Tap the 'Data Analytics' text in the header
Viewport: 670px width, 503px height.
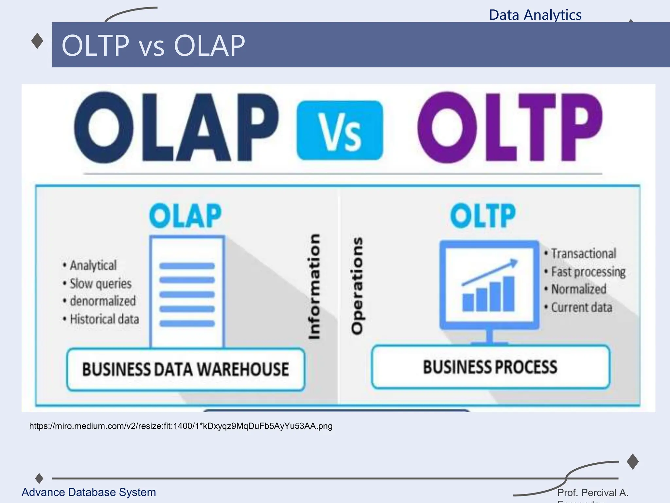[535, 15]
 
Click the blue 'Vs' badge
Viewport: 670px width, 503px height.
[340, 131]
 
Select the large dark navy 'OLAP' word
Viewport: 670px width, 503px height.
[176, 128]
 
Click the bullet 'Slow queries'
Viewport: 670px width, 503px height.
[100, 284]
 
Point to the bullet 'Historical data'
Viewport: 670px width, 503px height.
[104, 319]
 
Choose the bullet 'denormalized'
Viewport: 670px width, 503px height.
[102, 301]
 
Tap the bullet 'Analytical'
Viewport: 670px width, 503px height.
[93, 265]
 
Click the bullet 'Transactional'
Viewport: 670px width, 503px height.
[583, 253]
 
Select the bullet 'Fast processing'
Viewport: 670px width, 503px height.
[588, 272]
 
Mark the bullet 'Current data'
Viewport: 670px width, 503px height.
[581, 307]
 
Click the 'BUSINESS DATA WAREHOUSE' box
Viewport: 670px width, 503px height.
[185, 369]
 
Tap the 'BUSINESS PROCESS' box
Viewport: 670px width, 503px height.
[490, 367]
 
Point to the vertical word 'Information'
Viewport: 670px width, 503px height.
[314, 286]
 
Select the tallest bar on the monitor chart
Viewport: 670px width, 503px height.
[509, 294]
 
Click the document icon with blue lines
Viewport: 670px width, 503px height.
[187, 291]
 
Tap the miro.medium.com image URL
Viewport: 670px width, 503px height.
[181, 426]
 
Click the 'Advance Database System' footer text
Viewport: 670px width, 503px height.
[89, 492]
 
